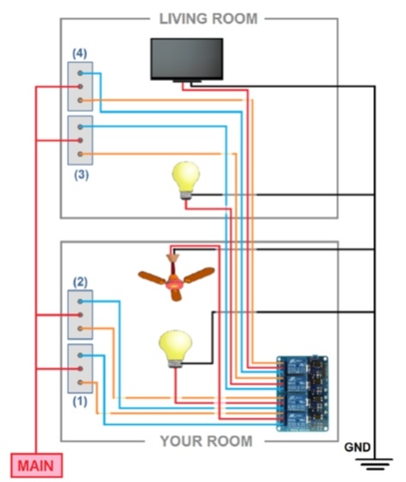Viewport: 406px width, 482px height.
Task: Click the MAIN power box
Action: point(37,465)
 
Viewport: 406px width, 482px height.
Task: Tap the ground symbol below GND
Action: point(374,464)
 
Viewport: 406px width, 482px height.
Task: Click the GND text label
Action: point(357,447)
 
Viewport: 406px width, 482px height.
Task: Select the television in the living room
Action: point(187,60)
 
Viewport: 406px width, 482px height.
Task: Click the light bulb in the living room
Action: point(186,180)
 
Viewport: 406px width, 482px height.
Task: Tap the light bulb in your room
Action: point(176,348)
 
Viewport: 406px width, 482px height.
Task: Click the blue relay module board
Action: point(303,393)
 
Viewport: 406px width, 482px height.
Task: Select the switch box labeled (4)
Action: point(80,86)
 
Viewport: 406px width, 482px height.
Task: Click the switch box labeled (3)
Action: point(80,141)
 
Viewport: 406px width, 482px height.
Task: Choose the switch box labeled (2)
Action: point(80,315)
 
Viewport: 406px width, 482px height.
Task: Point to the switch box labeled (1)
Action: point(80,368)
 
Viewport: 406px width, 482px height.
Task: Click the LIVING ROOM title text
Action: point(209,19)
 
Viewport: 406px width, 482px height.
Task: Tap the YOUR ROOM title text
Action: point(206,441)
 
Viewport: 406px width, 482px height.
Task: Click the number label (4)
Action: point(80,53)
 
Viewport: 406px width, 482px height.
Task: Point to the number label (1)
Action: point(80,401)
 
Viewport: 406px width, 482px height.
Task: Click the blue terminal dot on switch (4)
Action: point(80,73)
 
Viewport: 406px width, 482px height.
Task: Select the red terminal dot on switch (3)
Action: point(80,141)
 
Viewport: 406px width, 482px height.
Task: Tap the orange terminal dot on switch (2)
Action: point(80,329)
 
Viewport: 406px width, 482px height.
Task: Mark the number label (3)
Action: point(81,174)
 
